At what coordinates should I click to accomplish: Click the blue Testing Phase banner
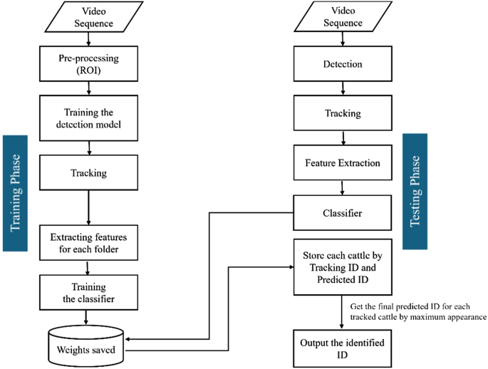tap(416, 192)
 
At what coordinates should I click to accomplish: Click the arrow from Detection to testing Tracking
tap(343, 89)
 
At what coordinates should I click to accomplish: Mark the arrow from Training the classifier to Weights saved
tap(86, 316)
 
